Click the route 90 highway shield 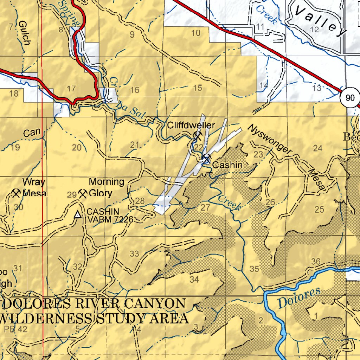click(x=350, y=98)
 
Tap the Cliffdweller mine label click(x=191, y=125)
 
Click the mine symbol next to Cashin click(x=206, y=159)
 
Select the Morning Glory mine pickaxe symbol click(x=83, y=193)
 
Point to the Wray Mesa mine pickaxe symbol click(x=16, y=193)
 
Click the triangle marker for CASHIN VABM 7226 click(x=78, y=214)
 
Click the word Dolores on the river click(x=299, y=298)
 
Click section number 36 click(x=316, y=261)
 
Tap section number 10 click(x=196, y=33)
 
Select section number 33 click(x=134, y=253)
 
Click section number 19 click(x=15, y=148)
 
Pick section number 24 click(x=317, y=148)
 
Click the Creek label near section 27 click(x=229, y=203)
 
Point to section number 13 click(x=317, y=88)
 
